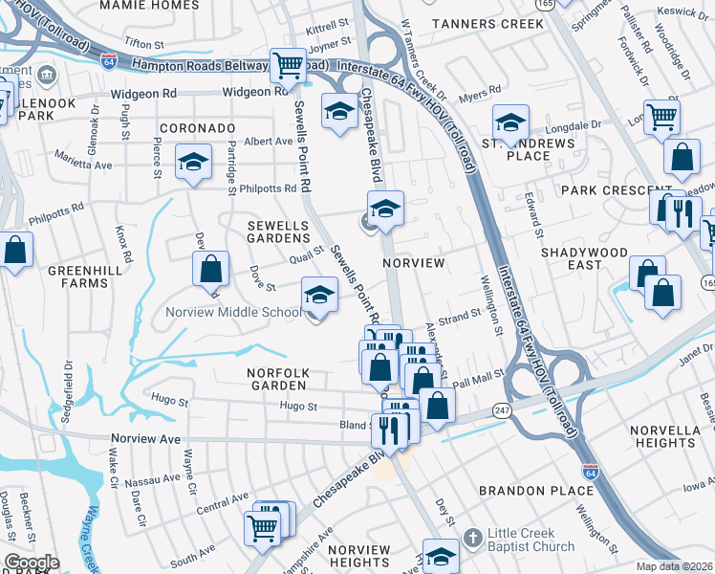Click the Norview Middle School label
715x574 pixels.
click(234, 312)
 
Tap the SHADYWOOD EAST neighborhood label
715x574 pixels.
click(584, 258)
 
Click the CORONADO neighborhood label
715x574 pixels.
click(197, 127)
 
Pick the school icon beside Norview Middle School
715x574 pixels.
click(319, 295)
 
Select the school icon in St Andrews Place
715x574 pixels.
click(511, 122)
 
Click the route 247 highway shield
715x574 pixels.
click(501, 409)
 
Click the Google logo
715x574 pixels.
click(31, 563)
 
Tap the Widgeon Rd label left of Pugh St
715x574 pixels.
click(144, 94)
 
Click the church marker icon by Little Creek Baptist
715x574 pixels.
click(470, 540)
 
